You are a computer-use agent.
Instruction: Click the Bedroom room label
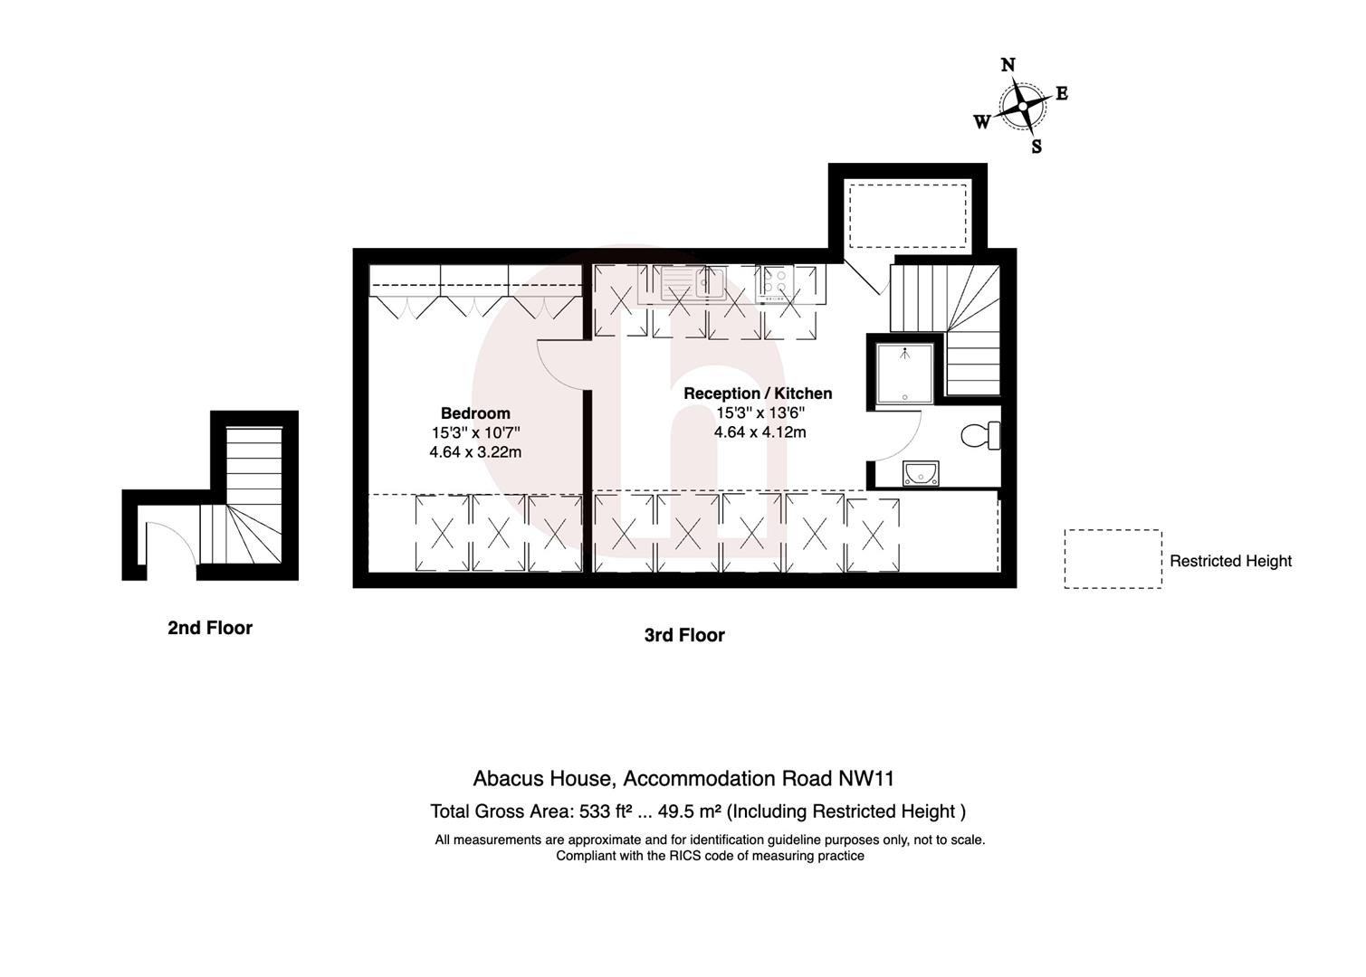pyautogui.click(x=475, y=413)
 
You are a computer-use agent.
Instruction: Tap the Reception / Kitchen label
pyautogui.click(x=758, y=394)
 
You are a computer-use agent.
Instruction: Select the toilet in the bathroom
pyautogui.click(x=978, y=436)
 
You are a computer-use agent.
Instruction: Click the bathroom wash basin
pyautogui.click(x=921, y=473)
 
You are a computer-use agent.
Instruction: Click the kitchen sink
pyautogui.click(x=693, y=283)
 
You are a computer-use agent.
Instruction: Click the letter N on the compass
pyautogui.click(x=1008, y=65)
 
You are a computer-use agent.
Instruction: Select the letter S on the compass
pyautogui.click(x=1036, y=147)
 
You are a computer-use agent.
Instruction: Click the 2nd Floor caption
pyautogui.click(x=210, y=628)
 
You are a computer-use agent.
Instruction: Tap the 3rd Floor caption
pyautogui.click(x=684, y=635)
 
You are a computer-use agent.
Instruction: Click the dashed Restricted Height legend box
pyautogui.click(x=1113, y=559)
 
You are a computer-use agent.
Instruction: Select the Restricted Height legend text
pyautogui.click(x=1230, y=561)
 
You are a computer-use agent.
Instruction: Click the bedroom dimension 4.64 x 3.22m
pyautogui.click(x=475, y=451)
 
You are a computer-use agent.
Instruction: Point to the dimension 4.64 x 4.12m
pyautogui.click(x=759, y=432)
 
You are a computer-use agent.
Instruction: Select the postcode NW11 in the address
pyautogui.click(x=866, y=779)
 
